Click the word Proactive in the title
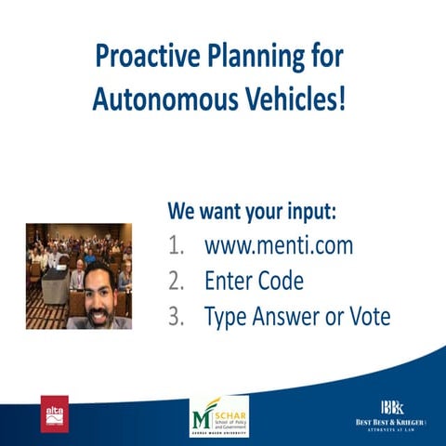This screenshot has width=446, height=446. (x=142, y=57)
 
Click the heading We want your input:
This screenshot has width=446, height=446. (x=251, y=211)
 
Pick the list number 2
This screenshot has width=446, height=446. (x=176, y=281)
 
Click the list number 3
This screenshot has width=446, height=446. (x=176, y=316)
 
